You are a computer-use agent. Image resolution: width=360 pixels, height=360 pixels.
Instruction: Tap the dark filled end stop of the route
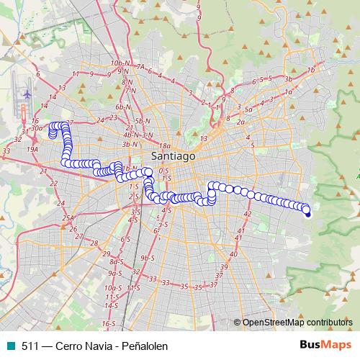(x=307, y=213)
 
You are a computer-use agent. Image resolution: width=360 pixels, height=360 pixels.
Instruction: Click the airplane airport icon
(x=27, y=94)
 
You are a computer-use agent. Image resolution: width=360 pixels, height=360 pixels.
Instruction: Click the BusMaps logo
(x=324, y=345)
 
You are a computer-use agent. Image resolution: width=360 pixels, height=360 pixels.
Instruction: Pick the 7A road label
(x=141, y=67)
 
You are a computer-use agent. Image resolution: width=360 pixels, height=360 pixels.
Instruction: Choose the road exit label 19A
(x=32, y=148)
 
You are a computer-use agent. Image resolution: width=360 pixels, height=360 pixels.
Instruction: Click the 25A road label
(x=68, y=217)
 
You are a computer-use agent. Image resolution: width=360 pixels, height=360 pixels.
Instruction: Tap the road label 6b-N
(x=124, y=107)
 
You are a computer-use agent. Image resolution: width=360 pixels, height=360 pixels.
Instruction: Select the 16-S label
(x=107, y=324)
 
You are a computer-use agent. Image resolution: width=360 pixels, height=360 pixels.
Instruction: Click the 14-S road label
(x=110, y=305)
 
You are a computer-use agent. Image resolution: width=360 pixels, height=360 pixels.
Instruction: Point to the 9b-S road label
(x=148, y=257)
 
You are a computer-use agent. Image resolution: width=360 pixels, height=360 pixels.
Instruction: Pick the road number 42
(x=247, y=214)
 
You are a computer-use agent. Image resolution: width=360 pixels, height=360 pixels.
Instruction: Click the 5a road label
(x=247, y=108)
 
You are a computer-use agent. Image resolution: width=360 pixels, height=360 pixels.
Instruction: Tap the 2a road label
(x=240, y=122)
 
